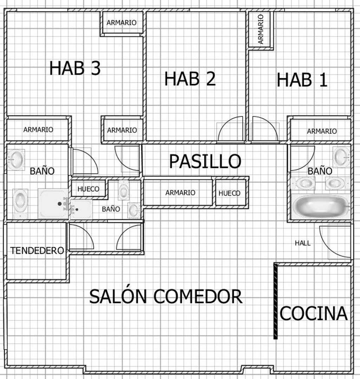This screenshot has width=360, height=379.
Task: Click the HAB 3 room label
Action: click(75, 68)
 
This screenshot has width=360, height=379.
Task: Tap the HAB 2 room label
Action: click(190, 79)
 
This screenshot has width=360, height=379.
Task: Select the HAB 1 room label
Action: click(302, 80)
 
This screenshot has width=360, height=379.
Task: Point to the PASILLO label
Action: click(205, 161)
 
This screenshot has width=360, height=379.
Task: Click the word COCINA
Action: click(314, 313)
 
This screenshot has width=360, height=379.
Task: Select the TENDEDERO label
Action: click(37, 251)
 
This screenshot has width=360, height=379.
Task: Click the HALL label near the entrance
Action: click(303, 243)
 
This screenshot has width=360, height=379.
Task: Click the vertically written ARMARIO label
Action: click(261, 29)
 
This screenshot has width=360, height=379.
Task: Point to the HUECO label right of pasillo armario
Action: click(229, 193)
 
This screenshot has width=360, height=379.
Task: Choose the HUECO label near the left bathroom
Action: click(88, 189)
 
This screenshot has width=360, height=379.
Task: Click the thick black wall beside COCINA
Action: click(276, 301)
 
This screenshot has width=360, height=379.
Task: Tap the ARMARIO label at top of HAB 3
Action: click(122, 23)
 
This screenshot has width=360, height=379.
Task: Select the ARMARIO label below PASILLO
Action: click(180, 193)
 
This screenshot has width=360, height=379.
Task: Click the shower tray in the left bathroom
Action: click(53, 204)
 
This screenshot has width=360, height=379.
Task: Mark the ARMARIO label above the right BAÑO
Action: click(322, 131)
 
